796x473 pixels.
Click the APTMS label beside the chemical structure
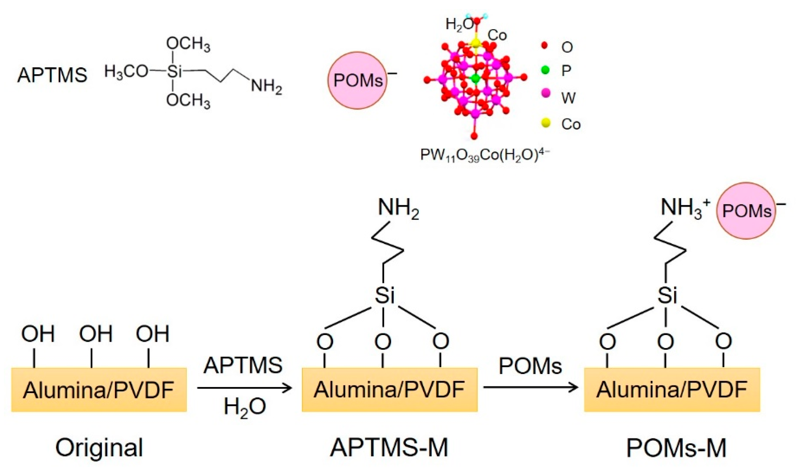tap(52, 75)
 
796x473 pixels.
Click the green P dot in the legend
tap(545, 70)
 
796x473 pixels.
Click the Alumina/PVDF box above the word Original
tap(99, 389)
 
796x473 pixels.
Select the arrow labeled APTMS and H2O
tap(244, 388)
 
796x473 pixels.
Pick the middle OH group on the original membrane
tap(95, 334)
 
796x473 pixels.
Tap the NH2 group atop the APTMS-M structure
tap(398, 209)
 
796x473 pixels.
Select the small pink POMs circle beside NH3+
tap(746, 211)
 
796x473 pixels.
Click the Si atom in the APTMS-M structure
tap(384, 295)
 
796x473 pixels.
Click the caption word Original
tap(99, 448)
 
